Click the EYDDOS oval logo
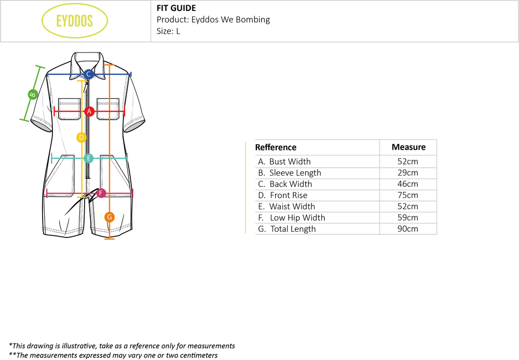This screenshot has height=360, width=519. pyautogui.click(x=74, y=21)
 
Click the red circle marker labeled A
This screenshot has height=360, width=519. pyautogui.click(x=89, y=111)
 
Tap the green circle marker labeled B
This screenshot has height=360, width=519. pyautogui.click(x=32, y=95)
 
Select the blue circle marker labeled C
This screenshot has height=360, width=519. pyautogui.click(x=89, y=74)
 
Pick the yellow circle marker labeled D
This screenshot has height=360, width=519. pyautogui.click(x=81, y=138)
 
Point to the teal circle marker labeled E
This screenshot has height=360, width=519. pyautogui.click(x=88, y=158)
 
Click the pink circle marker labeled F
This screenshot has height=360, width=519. pyautogui.click(x=101, y=193)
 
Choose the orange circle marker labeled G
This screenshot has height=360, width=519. pyautogui.click(x=110, y=217)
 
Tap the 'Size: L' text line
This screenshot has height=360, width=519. pyautogui.click(x=169, y=31)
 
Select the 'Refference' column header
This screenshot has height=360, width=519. pyautogui.click(x=276, y=148)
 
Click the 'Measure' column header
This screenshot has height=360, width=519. pyautogui.click(x=408, y=147)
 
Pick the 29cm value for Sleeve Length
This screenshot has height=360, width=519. pyautogui.click(x=408, y=173)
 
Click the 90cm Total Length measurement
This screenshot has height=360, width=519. pyautogui.click(x=408, y=229)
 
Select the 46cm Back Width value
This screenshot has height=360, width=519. pyautogui.click(x=408, y=184)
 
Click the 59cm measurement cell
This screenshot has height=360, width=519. pyautogui.click(x=408, y=218)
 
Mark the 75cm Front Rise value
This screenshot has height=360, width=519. pyautogui.click(x=408, y=195)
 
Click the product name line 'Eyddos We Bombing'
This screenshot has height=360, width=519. pyautogui.click(x=213, y=20)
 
